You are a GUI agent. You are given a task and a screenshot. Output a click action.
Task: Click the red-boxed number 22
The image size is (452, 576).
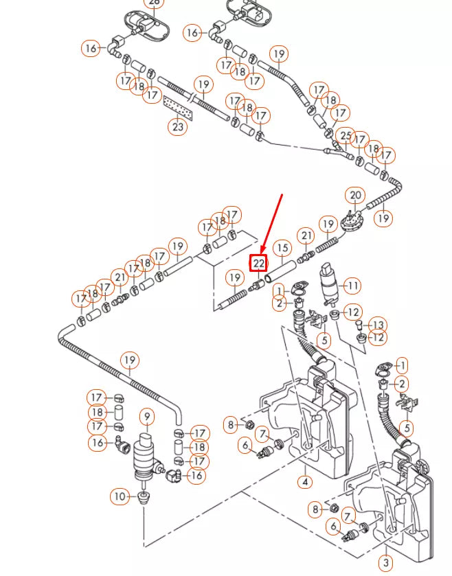click(258, 262)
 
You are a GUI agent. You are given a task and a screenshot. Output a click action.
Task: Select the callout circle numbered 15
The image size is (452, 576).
click(281, 247)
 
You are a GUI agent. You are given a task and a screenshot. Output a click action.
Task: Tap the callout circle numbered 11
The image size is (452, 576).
click(352, 286)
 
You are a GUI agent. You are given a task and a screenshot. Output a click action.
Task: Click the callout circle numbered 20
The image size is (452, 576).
click(355, 196)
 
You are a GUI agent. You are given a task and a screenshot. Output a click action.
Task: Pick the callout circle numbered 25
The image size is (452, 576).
click(346, 137)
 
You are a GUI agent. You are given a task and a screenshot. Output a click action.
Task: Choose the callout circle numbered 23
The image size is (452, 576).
click(178, 126)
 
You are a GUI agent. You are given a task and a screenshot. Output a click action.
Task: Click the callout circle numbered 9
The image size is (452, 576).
click(146, 416)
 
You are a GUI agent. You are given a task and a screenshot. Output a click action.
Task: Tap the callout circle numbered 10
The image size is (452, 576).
click(120, 496)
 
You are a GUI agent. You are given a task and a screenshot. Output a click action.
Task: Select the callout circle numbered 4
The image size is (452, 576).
click(305, 482)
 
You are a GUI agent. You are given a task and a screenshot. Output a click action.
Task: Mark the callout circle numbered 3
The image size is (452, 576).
click(386, 563)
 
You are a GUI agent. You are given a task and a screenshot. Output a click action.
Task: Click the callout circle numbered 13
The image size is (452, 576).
click(378, 325)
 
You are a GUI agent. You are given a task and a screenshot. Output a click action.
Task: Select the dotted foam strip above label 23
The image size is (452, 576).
click(177, 108)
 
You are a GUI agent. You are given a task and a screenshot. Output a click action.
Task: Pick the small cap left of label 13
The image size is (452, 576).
click(358, 325)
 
